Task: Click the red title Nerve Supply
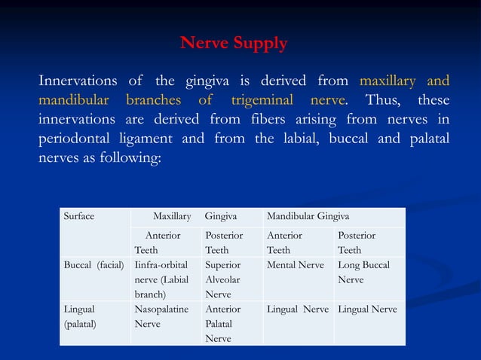(x=234, y=43)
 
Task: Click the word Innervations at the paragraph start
(x=78, y=81)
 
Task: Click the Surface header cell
(x=79, y=217)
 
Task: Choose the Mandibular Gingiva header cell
(x=307, y=217)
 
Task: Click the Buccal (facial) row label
(x=93, y=265)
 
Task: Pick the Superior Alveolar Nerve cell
(x=222, y=279)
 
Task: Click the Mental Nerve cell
(x=295, y=265)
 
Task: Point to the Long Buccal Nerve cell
(x=363, y=272)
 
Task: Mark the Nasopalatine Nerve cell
(x=161, y=316)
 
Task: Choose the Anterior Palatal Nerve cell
(x=222, y=324)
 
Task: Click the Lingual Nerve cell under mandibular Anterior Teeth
(x=297, y=310)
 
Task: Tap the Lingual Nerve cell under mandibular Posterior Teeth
(x=368, y=310)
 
